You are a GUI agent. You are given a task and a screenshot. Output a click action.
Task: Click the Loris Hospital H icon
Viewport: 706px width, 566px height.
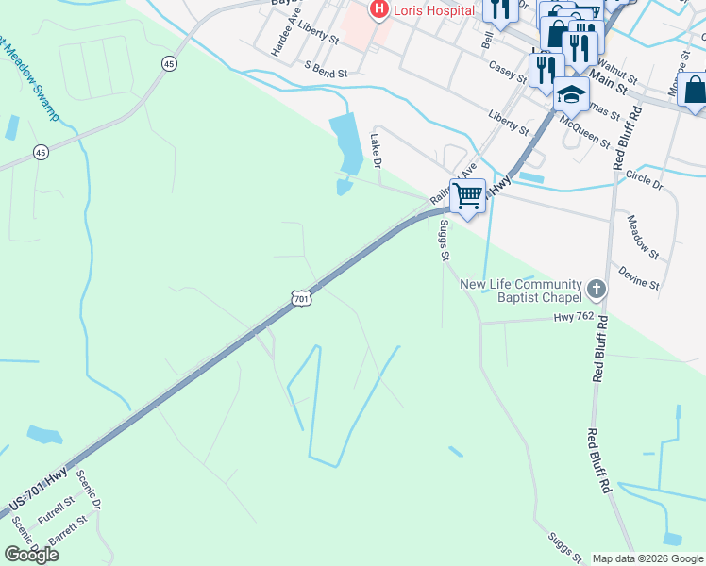(x=379, y=10)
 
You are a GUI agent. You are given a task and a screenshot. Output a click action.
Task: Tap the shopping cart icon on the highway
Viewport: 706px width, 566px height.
(x=467, y=196)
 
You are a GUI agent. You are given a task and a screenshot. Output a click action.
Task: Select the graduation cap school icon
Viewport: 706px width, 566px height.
(x=571, y=94)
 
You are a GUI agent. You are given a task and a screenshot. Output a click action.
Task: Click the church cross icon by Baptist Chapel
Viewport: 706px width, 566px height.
(x=596, y=287)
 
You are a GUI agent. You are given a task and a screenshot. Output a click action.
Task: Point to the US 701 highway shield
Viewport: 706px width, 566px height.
(x=300, y=299)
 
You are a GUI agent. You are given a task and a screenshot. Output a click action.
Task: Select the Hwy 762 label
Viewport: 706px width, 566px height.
(x=574, y=317)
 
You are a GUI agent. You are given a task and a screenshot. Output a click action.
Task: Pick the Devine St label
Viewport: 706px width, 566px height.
(x=639, y=277)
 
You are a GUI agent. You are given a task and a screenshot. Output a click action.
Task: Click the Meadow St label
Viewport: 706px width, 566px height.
(x=643, y=236)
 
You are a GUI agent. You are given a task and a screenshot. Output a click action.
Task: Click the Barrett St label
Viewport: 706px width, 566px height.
(x=67, y=526)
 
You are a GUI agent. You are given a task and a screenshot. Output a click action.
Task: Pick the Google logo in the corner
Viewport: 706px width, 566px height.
(x=31, y=554)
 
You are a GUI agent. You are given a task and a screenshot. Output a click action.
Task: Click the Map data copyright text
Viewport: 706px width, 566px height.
(x=647, y=558)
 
